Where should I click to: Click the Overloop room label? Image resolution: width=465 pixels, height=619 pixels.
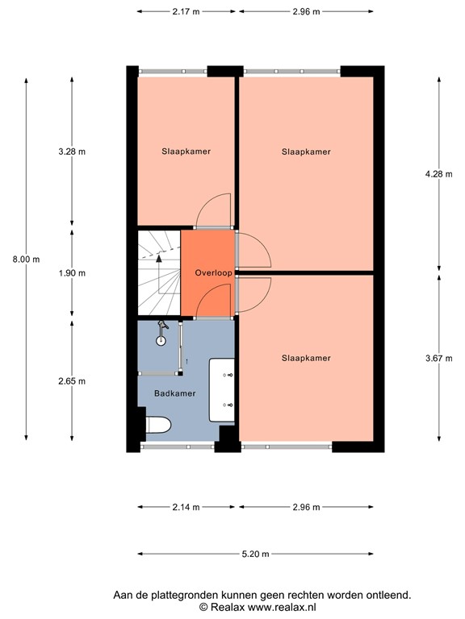pyautogui.click(x=214, y=273)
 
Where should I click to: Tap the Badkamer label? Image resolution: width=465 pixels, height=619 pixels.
pyautogui.click(x=175, y=393)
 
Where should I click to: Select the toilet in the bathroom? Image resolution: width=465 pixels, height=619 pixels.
pyautogui.click(x=157, y=425)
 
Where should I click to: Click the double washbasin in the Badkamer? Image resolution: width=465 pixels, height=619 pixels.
pyautogui.click(x=222, y=391)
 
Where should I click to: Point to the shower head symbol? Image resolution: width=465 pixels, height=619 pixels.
pyautogui.click(x=162, y=326)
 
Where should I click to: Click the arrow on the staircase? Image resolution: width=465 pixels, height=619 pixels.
pyautogui.click(x=159, y=259)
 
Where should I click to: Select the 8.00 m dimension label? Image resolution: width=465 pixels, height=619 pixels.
pyautogui.click(x=26, y=259)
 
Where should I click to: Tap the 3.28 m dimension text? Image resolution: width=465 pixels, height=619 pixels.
pyautogui.click(x=72, y=152)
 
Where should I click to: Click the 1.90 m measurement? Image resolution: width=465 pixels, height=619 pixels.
pyautogui.click(x=72, y=273)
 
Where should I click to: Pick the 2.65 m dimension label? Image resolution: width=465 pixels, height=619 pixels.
pyautogui.click(x=72, y=381)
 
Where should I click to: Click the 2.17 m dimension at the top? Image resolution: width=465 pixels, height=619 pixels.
pyautogui.click(x=186, y=11)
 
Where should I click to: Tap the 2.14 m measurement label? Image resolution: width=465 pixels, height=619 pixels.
pyautogui.click(x=186, y=507)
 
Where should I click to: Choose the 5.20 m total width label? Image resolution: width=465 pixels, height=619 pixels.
pyautogui.click(x=255, y=554)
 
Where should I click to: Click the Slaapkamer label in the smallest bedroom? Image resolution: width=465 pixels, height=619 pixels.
pyautogui.click(x=186, y=151)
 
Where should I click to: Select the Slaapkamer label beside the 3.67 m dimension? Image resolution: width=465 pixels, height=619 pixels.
pyautogui.click(x=306, y=358)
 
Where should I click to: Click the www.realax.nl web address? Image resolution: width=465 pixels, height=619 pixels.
pyautogui.click(x=282, y=606)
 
